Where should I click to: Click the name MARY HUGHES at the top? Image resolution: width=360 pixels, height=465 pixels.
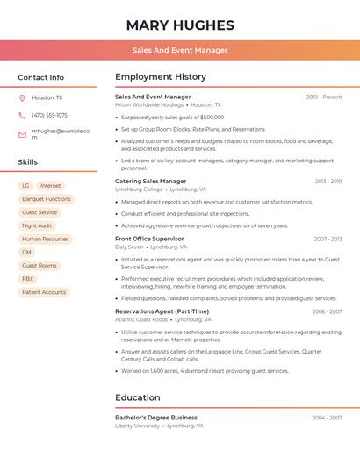coord(180,25)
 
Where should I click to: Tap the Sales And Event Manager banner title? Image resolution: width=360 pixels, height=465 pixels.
coord(180,50)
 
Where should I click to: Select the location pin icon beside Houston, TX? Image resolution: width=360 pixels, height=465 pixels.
coord(22,98)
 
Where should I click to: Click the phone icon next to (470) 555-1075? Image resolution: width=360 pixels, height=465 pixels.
coord(22,115)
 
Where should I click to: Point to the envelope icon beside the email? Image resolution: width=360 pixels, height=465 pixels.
coord(22,134)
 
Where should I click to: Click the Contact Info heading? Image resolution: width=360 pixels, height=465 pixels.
coord(41,77)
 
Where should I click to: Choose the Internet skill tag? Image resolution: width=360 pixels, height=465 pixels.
coord(51,186)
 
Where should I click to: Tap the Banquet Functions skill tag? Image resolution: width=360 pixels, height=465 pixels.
coord(47,199)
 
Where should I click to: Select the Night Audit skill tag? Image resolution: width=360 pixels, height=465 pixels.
coord(37,225)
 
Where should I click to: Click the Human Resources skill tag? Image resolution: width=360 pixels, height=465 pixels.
coord(45,239)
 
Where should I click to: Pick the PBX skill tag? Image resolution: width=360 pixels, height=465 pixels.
coord(28,279)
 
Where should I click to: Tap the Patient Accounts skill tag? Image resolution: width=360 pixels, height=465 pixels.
coord(44,292)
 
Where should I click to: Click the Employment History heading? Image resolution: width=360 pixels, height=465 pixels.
coord(161,77)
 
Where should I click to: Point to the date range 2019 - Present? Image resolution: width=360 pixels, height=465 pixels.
coord(324,97)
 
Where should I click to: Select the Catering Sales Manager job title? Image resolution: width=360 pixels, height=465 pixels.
coord(151,182)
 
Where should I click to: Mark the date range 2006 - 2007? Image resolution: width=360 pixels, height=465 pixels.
coord(327,311)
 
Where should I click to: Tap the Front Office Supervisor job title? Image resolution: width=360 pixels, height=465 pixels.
coord(149,239)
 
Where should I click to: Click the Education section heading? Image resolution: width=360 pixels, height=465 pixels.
coord(138,397)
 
